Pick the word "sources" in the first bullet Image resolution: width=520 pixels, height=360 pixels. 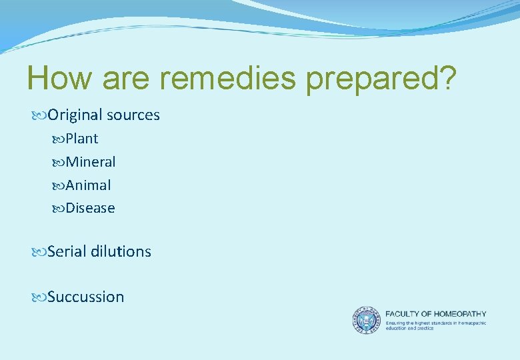coord(133,115)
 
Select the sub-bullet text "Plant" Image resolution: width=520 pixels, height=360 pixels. coord(81,139)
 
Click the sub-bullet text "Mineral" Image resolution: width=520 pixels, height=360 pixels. coord(90,162)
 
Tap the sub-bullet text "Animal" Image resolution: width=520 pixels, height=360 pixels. coord(88,185)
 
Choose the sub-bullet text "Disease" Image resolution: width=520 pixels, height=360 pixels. coord(90,209)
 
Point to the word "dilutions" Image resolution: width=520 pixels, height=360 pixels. coord(121,252)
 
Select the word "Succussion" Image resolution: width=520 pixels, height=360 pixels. coord(85,297)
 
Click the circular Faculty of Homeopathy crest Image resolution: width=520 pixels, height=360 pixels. coord(366,320)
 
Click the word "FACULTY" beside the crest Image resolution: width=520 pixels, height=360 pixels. coord(402,314)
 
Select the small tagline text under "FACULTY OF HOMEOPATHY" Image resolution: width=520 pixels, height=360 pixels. coord(435,325)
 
